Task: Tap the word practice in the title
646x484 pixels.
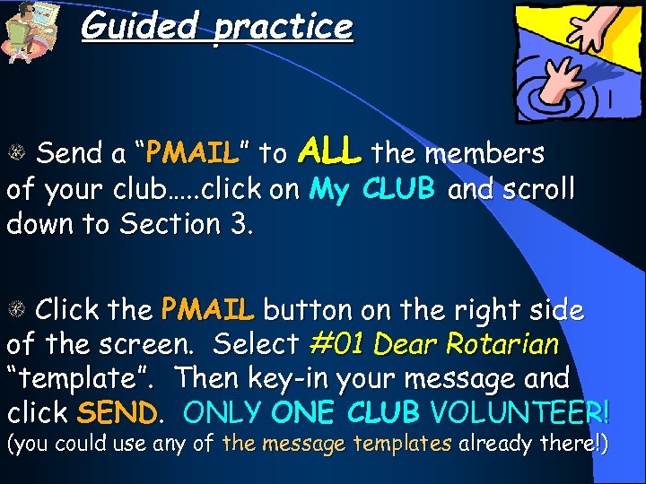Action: point(283,26)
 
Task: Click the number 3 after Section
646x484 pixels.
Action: point(240,224)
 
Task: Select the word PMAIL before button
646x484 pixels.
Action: point(207,310)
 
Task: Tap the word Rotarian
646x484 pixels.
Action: point(509,344)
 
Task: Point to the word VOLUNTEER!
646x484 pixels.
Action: point(520,412)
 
